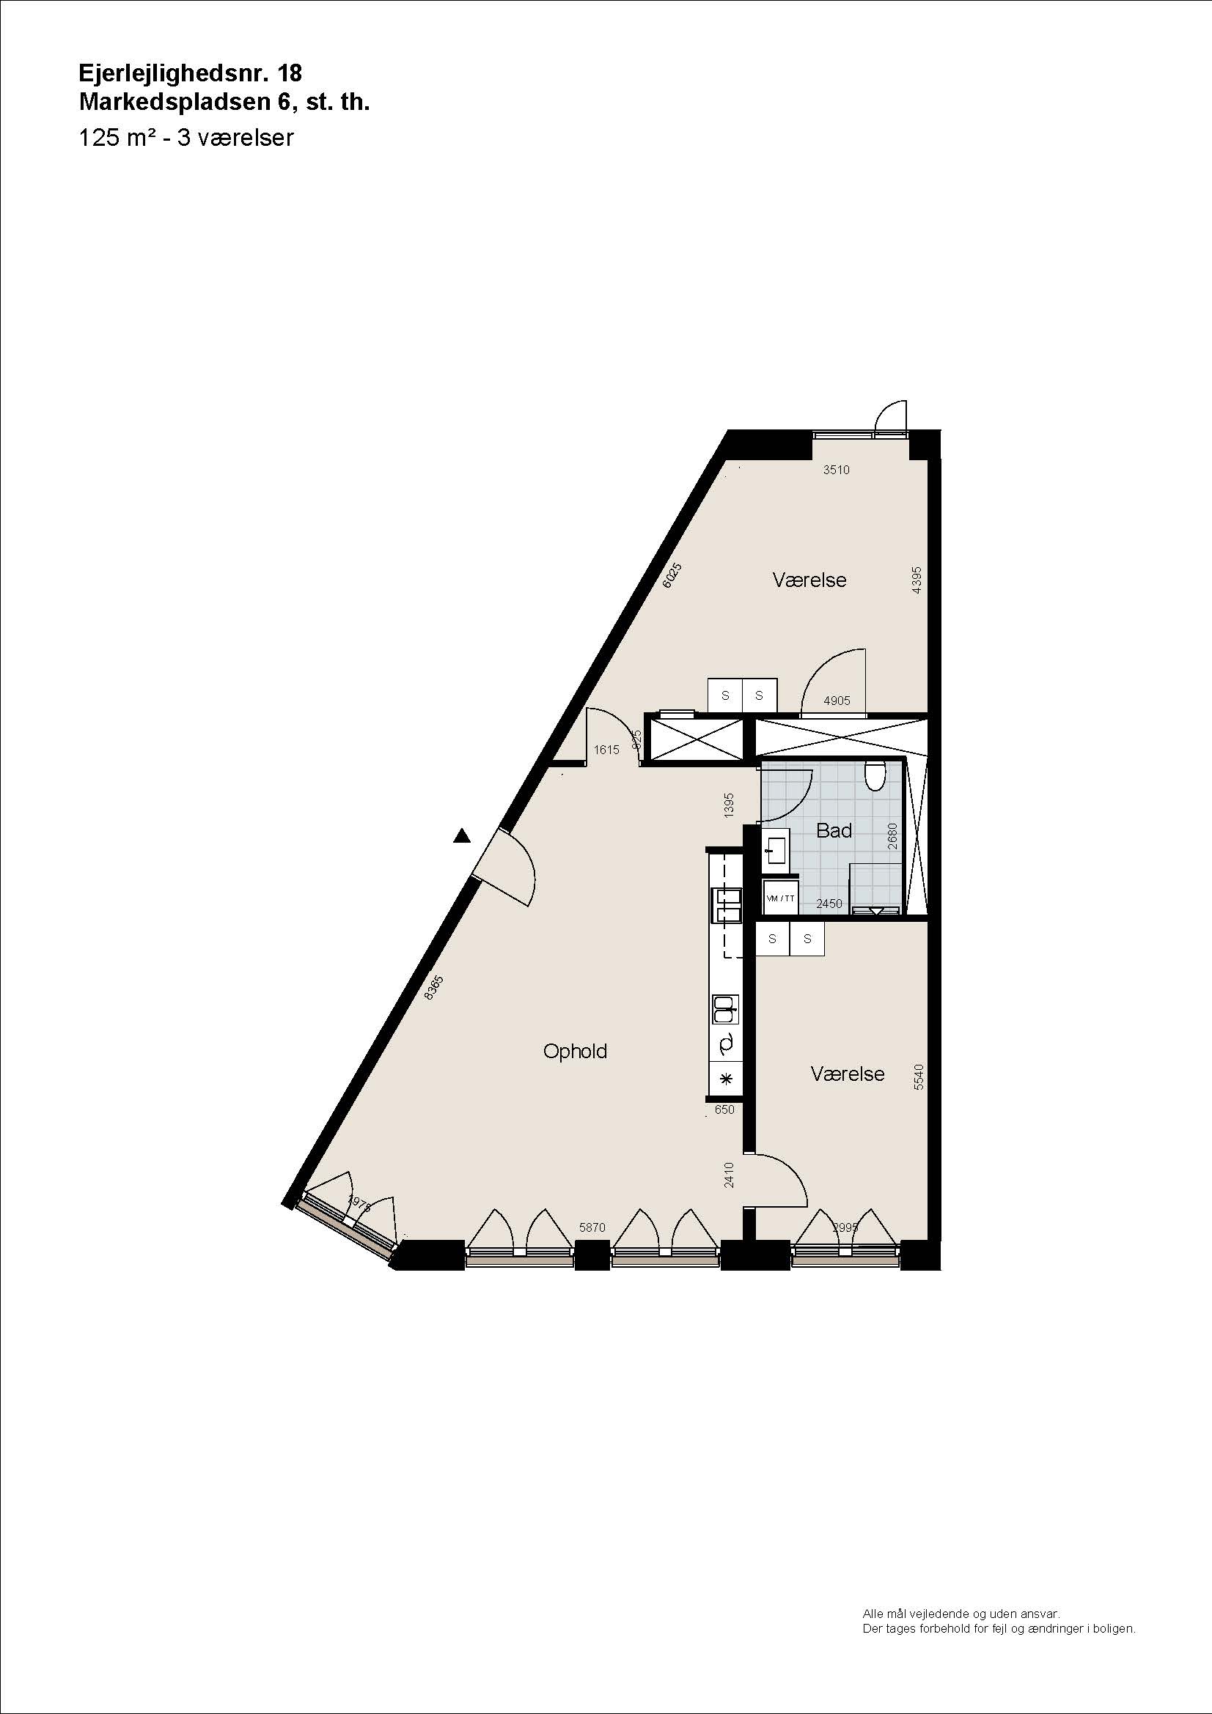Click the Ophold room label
575,1051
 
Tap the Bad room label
834,830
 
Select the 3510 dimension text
837,470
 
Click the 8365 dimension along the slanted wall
433,988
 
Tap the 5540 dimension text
919,1076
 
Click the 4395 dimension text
917,580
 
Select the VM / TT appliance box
780,898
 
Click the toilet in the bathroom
875,775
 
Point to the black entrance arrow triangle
462,836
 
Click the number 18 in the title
290,73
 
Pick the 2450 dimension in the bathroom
829,904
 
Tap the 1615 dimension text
606,750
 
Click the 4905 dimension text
837,701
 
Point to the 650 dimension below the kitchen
724,1109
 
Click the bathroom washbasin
776,849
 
